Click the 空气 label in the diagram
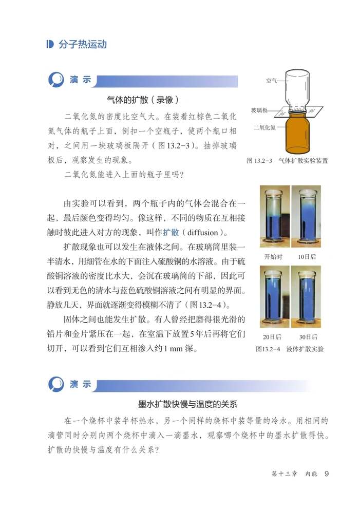point(272,81)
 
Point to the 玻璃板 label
point(259,110)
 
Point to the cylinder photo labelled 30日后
point(307,296)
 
